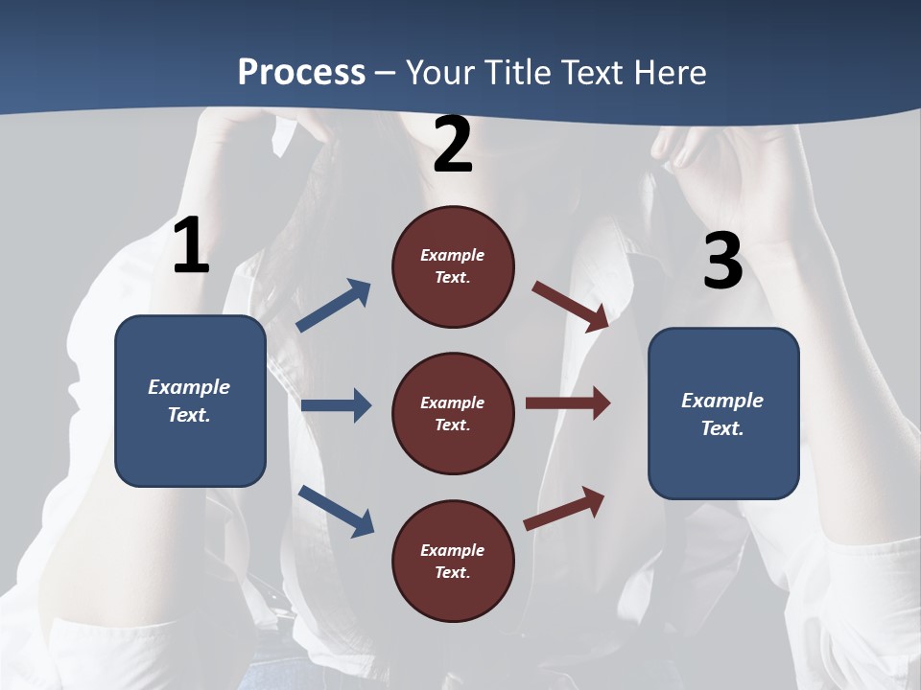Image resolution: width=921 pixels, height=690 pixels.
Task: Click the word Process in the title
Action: point(301,72)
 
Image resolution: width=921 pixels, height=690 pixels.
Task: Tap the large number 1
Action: point(191,246)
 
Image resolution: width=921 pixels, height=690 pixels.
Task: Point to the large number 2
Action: point(453,146)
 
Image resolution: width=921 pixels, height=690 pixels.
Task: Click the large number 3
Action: point(722,261)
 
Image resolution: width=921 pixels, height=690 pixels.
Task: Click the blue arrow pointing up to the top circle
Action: point(334,306)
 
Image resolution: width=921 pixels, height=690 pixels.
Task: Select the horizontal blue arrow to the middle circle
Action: point(336,405)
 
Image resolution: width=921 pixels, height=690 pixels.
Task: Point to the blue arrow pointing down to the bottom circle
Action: point(337,511)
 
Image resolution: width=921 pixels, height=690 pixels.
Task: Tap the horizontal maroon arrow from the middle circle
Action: point(568,402)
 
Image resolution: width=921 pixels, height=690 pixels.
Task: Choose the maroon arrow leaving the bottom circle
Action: point(565,508)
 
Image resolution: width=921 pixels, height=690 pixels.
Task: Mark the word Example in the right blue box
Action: point(722,401)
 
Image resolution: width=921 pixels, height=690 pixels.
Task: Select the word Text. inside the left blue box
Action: point(189,415)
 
